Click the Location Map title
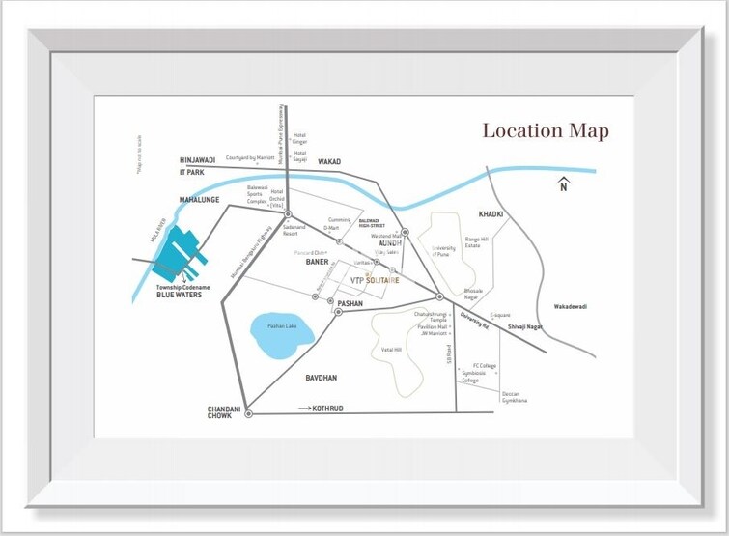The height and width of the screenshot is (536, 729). pyautogui.click(x=546, y=130)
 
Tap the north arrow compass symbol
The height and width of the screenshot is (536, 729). pyautogui.click(x=564, y=183)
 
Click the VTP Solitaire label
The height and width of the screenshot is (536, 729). pyautogui.click(x=376, y=280)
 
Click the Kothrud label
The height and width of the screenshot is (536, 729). pyautogui.click(x=326, y=409)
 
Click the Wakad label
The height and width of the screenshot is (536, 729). pyautogui.click(x=329, y=162)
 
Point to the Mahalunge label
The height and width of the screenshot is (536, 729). pyautogui.click(x=201, y=199)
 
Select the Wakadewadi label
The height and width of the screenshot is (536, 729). pyautogui.click(x=570, y=306)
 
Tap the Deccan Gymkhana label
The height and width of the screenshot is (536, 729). pyautogui.click(x=515, y=397)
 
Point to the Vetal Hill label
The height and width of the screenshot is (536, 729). pyautogui.click(x=391, y=350)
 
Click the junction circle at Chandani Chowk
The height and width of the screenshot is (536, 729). pyautogui.click(x=248, y=413)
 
